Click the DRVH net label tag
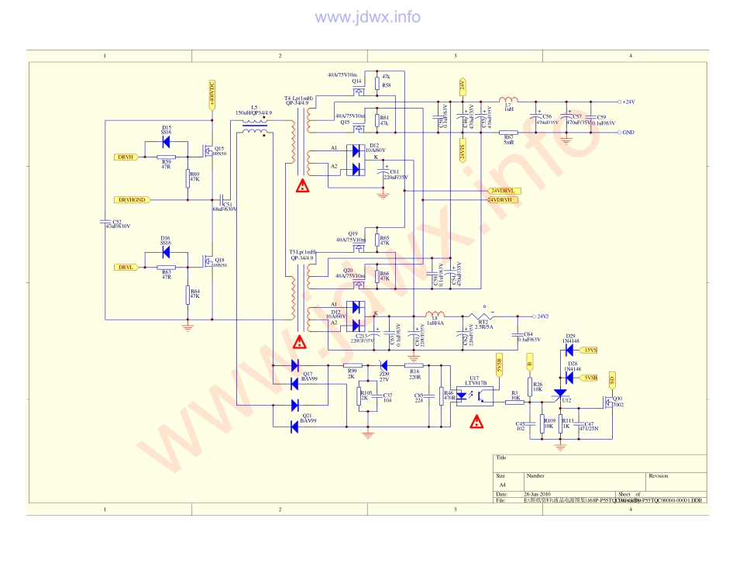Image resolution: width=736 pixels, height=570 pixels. pyautogui.click(x=126, y=157)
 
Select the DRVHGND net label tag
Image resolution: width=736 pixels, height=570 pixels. pyautogui.click(x=131, y=200)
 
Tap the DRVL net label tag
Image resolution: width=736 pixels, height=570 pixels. pyautogui.click(x=126, y=268)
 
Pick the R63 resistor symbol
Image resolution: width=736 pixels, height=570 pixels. pyautogui.click(x=167, y=268)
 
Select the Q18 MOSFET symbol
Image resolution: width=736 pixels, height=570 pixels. pyautogui.click(x=208, y=261)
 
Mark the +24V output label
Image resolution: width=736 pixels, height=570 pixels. pyautogui.click(x=628, y=102)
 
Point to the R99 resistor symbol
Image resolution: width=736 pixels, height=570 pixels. pyautogui.click(x=353, y=365)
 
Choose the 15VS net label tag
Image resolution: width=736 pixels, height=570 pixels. pyautogui.click(x=590, y=350)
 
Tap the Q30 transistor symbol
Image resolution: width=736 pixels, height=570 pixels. pyautogui.click(x=608, y=401)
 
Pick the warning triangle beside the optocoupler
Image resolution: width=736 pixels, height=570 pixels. pyautogui.click(x=476, y=423)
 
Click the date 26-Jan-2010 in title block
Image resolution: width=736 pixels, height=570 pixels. pyautogui.click(x=538, y=494)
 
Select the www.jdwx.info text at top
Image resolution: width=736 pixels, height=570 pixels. pyautogui.click(x=368, y=17)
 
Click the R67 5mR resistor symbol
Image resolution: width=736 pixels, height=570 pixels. pyautogui.click(x=509, y=133)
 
